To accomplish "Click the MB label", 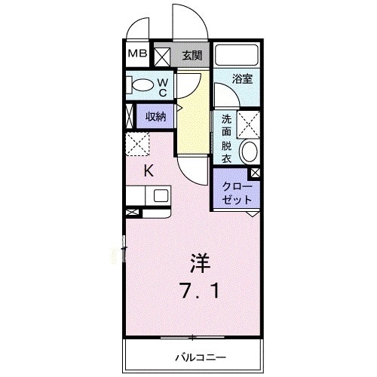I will (136, 54).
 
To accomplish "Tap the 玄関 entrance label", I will (192, 54).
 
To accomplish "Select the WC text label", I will (163, 86).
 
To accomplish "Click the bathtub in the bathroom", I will (237, 55).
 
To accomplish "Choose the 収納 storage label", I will (155, 116).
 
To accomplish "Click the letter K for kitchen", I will (149, 170).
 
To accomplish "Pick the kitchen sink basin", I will (161, 195).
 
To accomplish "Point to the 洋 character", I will (199, 265).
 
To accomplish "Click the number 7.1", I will (200, 290).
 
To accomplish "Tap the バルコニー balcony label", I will (195, 356).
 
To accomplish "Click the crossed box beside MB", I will (162, 54).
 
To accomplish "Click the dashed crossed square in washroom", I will (249, 123).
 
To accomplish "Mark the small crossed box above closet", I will (256, 173).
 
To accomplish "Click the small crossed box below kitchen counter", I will (131, 213).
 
